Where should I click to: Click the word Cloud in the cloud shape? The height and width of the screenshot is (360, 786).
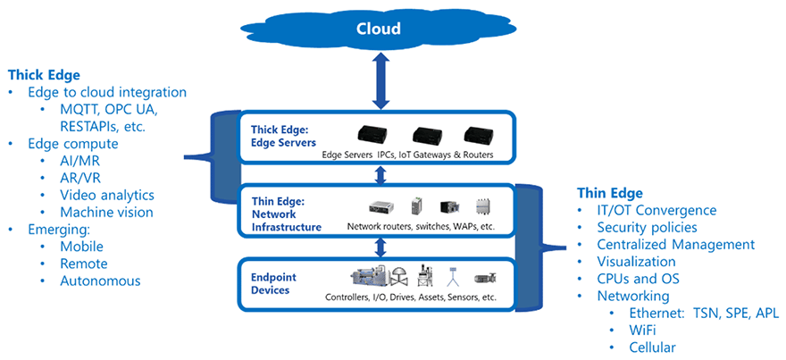(x=379, y=29)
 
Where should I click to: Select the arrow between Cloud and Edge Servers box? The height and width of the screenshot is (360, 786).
(x=380, y=83)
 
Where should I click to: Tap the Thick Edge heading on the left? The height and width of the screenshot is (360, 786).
(x=44, y=74)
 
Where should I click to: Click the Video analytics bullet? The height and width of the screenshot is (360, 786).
(x=107, y=195)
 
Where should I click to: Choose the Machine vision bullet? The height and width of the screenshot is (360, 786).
(x=106, y=212)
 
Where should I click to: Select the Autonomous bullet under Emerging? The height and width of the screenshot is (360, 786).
(x=100, y=280)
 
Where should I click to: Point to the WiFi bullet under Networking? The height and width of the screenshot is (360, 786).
(x=640, y=330)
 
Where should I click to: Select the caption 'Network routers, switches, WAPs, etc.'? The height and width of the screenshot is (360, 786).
(x=420, y=227)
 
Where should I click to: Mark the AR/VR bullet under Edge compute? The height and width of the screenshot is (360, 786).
(x=80, y=178)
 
